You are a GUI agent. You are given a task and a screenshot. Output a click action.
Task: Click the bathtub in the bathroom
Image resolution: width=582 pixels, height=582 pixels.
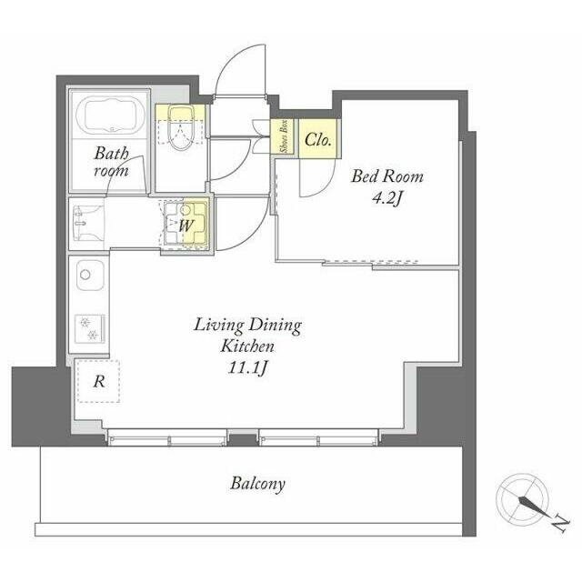coord(110,115)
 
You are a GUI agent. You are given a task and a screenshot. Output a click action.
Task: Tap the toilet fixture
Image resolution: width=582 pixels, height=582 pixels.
coord(180,127)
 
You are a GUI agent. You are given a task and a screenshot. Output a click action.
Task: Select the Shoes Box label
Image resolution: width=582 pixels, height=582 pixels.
coord(285,136)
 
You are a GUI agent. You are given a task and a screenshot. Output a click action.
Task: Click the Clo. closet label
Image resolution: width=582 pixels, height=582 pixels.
coord(318,140)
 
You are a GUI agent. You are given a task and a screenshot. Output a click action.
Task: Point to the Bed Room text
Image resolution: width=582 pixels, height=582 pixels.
coord(387,176)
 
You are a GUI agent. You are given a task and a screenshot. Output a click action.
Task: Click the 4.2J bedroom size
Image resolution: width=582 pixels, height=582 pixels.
coord(387,199)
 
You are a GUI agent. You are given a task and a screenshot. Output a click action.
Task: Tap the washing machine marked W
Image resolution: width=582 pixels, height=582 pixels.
coord(186,223)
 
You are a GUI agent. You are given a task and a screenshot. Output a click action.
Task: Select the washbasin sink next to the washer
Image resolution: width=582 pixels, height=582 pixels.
coord(88,223)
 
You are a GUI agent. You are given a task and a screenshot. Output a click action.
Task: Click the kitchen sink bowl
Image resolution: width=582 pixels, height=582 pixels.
coord(90,276)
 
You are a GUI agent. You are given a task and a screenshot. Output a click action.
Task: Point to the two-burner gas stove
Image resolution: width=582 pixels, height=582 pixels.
coord(89,329)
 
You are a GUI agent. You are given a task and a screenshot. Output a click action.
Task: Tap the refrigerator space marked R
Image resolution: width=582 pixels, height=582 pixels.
coord(98,381)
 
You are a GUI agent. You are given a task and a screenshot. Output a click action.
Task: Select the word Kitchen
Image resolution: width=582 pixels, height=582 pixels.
coord(247,346)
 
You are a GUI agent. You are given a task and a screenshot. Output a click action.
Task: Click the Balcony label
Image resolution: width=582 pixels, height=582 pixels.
coord(257,484)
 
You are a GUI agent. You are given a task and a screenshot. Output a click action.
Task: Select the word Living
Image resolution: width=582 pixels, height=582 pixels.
coord(219,326)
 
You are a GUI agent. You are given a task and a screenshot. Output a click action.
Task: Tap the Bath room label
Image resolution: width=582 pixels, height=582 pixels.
coord(111,162)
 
